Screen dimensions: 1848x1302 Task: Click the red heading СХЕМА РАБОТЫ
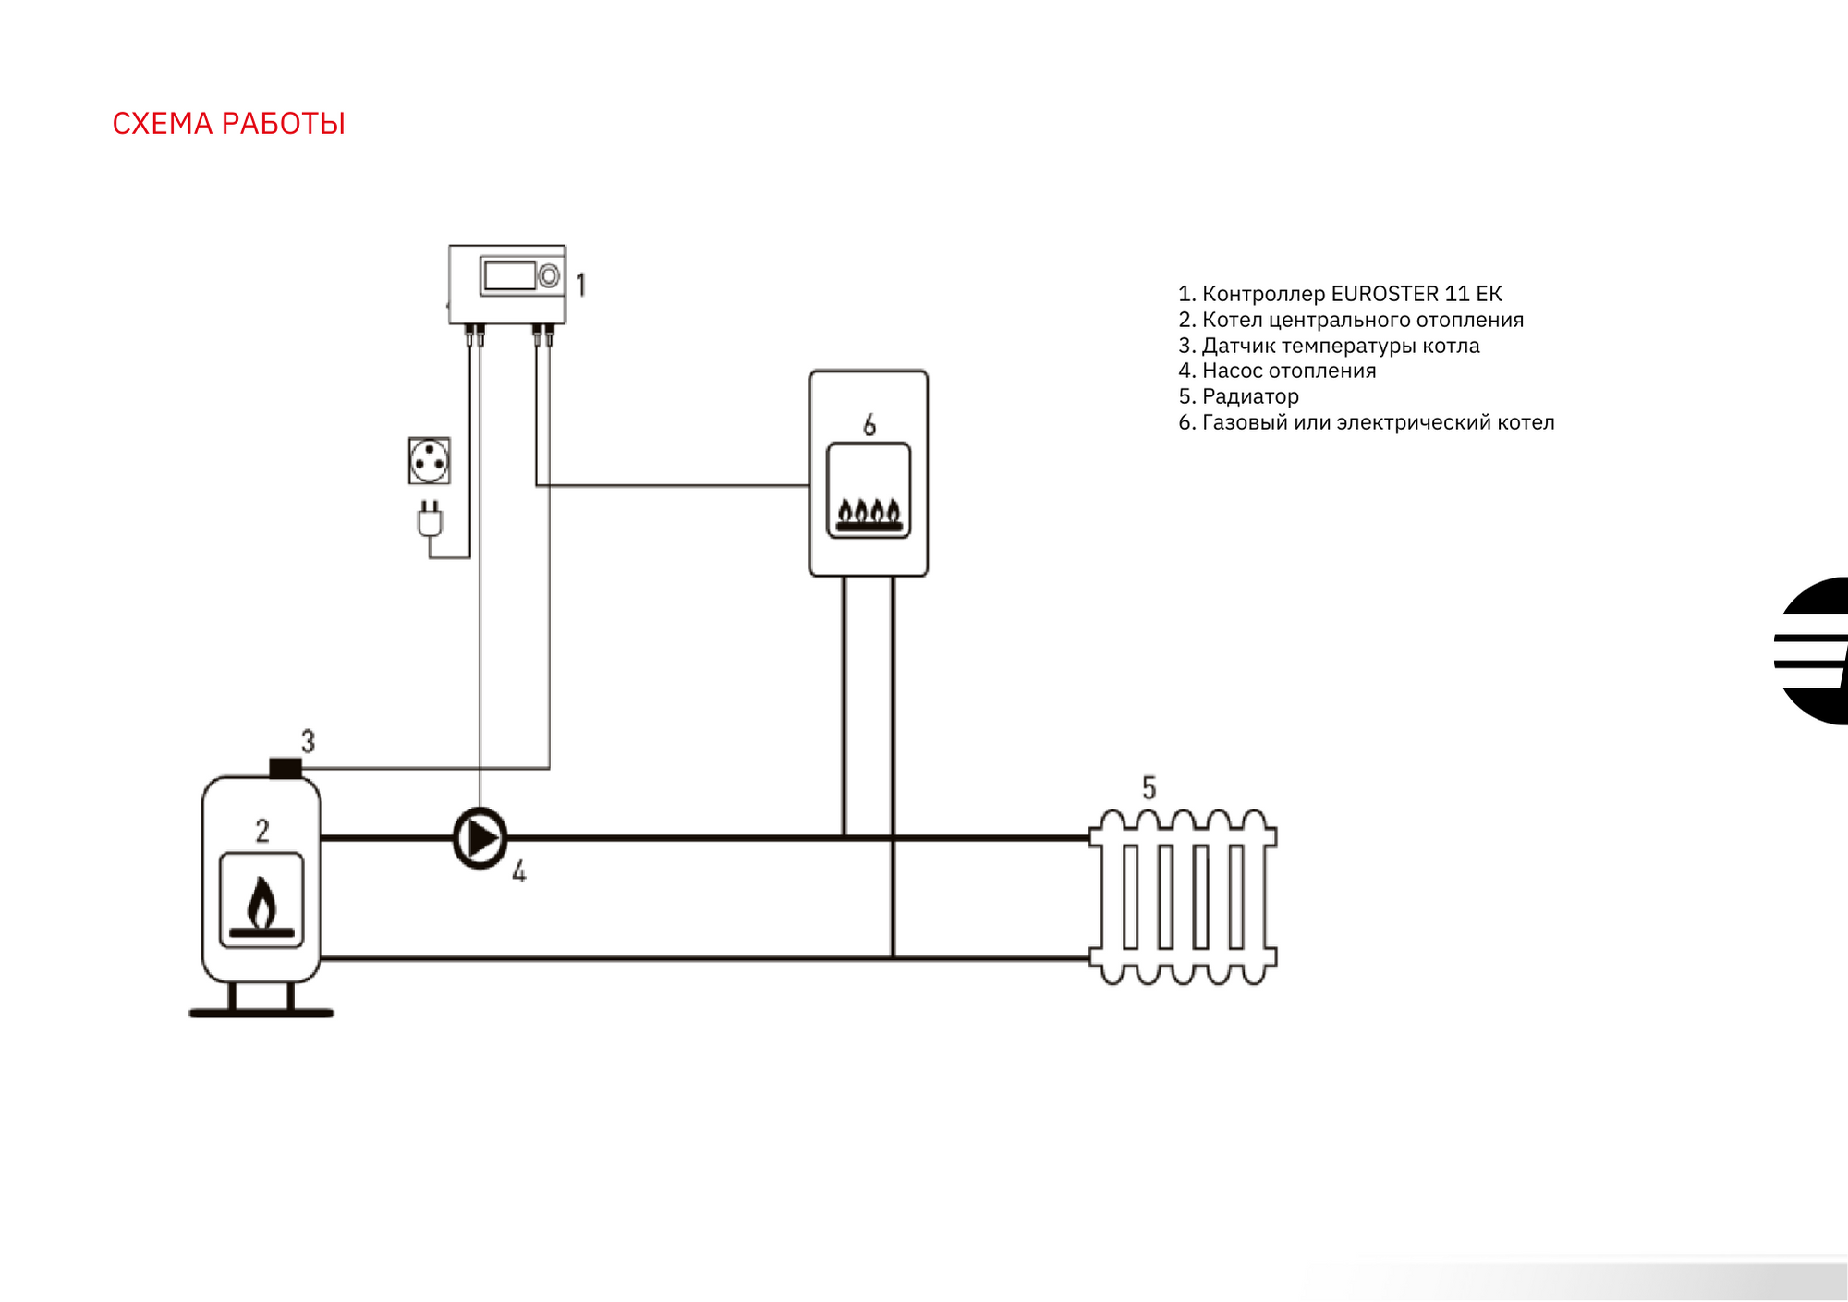coord(228,124)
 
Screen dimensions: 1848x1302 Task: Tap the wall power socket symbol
coord(430,460)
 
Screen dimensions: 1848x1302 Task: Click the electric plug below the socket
coord(430,519)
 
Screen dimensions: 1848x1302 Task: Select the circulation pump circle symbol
coord(480,838)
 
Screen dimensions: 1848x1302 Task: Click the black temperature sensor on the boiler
coord(286,768)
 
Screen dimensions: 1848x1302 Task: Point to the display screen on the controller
coord(509,275)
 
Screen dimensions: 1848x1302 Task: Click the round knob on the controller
coord(549,275)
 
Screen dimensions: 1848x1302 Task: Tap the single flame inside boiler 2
coord(262,902)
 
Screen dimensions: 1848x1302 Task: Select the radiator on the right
coord(1183,896)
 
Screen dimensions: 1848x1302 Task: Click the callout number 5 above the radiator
coord(1149,788)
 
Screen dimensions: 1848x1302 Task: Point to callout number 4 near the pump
coord(519,871)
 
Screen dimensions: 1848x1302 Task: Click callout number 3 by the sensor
coord(309,741)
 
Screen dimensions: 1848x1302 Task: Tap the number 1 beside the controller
coord(581,285)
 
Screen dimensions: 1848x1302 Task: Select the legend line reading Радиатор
coord(1238,396)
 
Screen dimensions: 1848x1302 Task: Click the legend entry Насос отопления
coord(1277,371)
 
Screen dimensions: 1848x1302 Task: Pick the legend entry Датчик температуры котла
coord(1329,346)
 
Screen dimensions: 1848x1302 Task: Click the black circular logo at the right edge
coord(1813,651)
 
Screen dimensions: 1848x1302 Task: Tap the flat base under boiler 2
coord(261,1014)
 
